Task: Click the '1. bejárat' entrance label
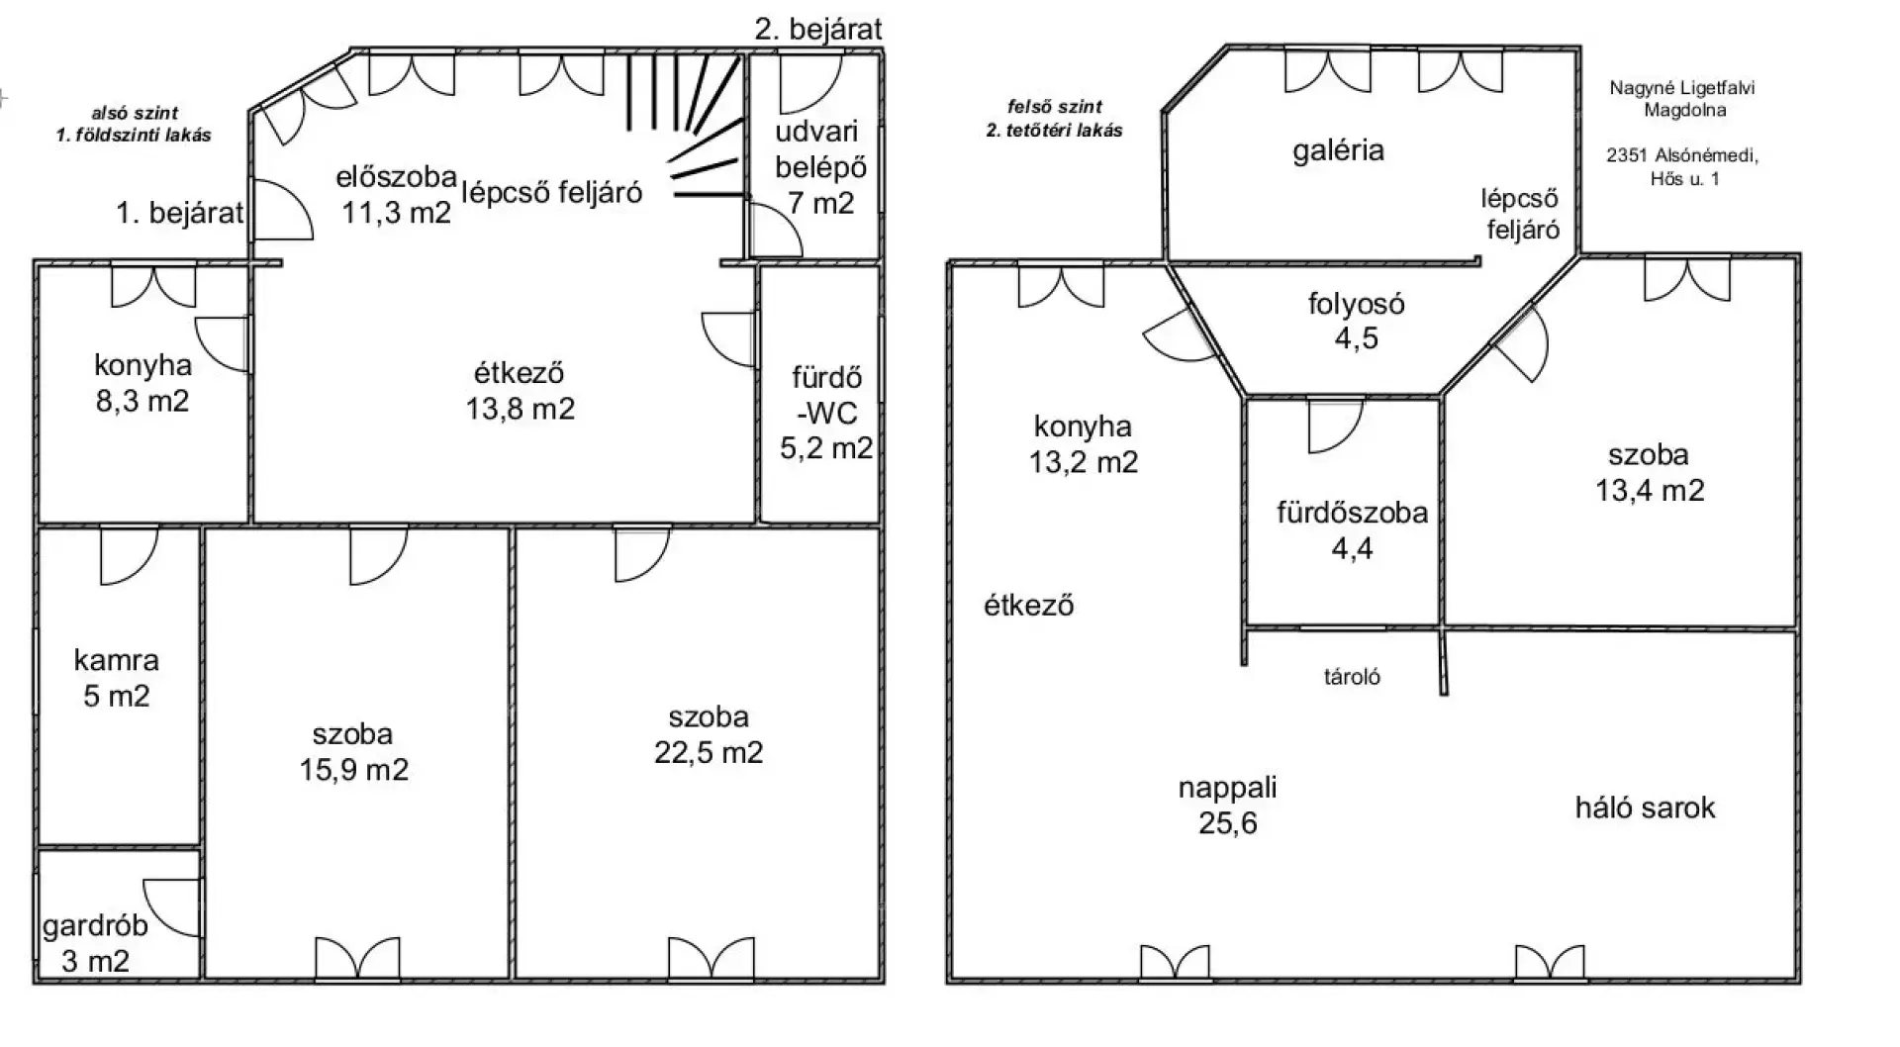[x=180, y=212]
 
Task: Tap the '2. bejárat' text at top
[x=818, y=29]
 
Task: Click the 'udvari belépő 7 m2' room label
[x=820, y=166]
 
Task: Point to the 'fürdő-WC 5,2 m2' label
[x=826, y=412]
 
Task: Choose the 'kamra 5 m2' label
[x=117, y=678]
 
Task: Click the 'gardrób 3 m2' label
[x=95, y=943]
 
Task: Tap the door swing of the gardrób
[x=173, y=906]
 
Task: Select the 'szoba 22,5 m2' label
[x=709, y=734]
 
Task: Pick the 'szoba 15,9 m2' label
[x=353, y=751]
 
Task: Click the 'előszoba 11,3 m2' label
[x=396, y=194]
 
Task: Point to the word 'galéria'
[x=1338, y=150]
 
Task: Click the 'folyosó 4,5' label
[x=1356, y=321]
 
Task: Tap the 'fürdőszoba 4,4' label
[x=1352, y=529]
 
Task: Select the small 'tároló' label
[x=1352, y=677]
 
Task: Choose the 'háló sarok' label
[x=1645, y=808]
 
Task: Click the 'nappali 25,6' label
[x=1227, y=805]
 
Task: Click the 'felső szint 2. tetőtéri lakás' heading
[x=1055, y=118]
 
